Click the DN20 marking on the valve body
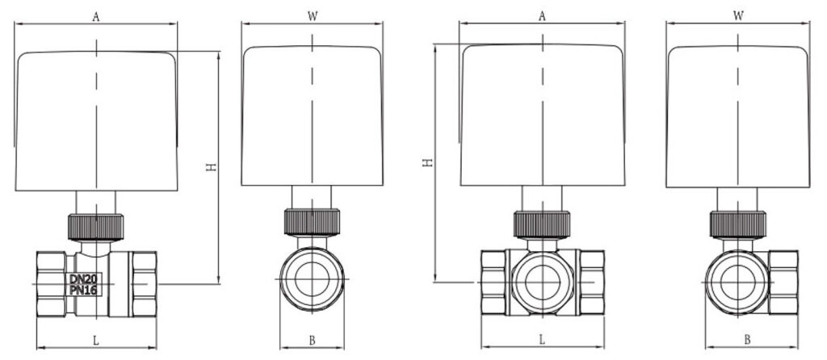click(x=84, y=278)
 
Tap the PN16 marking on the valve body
click(x=84, y=289)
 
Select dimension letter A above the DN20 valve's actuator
click(x=95, y=17)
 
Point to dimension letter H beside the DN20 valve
click(x=211, y=167)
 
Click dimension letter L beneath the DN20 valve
click(x=95, y=341)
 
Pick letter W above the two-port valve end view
click(x=313, y=16)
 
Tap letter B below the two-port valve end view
click(x=312, y=341)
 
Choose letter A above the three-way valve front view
click(x=542, y=16)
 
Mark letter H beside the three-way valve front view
click(x=428, y=162)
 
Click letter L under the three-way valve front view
click(x=542, y=340)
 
